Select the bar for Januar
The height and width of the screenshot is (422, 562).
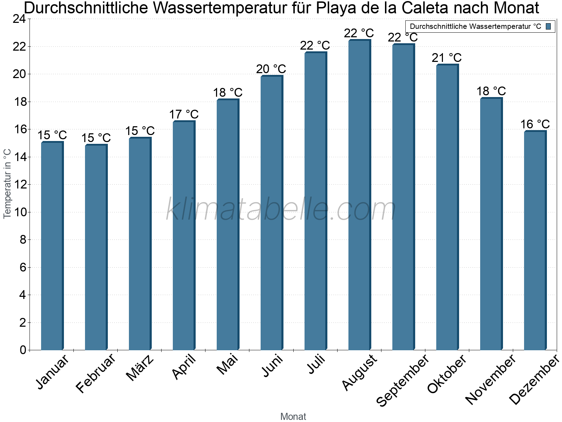(52, 246)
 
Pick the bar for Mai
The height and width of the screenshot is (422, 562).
(228, 225)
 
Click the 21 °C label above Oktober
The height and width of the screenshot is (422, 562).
(447, 58)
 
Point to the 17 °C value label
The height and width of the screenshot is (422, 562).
(184, 114)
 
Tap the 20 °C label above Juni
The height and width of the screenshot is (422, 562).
(271, 69)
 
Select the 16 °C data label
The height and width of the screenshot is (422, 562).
(535, 124)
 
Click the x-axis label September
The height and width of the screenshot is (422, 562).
(403, 380)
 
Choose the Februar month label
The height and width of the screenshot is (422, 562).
(96, 373)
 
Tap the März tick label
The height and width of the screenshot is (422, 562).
(140, 368)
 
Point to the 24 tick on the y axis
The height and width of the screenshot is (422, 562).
(19, 19)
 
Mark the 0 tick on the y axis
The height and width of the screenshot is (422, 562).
(23, 350)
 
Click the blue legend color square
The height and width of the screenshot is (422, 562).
(549, 26)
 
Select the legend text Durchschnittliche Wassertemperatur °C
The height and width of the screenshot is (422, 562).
(475, 26)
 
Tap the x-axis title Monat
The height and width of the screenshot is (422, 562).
(293, 416)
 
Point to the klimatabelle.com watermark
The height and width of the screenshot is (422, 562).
(281, 209)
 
